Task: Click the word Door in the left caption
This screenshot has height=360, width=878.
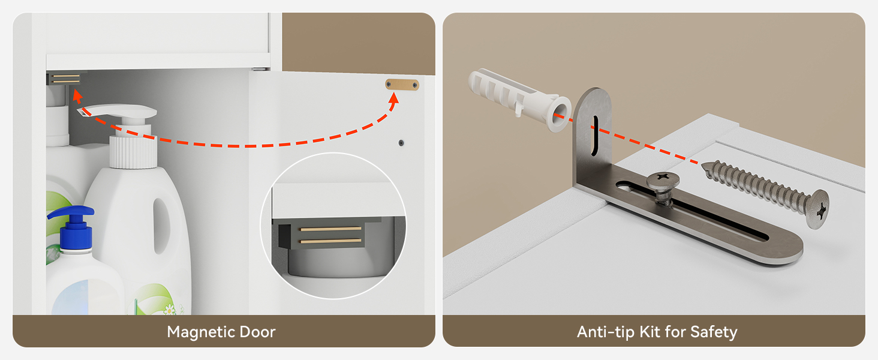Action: point(257,332)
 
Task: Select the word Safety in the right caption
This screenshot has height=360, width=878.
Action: point(714,332)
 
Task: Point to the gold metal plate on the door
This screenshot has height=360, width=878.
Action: point(402,85)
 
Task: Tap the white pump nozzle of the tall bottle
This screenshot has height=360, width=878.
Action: point(118,112)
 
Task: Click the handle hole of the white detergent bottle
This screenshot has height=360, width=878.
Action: point(161,226)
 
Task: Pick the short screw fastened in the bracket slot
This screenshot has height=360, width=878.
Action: point(663,187)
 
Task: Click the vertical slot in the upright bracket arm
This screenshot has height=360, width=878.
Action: point(594,135)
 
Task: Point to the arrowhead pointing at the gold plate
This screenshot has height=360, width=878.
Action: point(393,98)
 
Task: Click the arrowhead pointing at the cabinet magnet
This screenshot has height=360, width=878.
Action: point(77,95)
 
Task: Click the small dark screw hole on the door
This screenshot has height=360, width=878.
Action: point(401,143)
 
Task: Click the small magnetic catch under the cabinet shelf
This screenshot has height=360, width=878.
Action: point(64,79)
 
